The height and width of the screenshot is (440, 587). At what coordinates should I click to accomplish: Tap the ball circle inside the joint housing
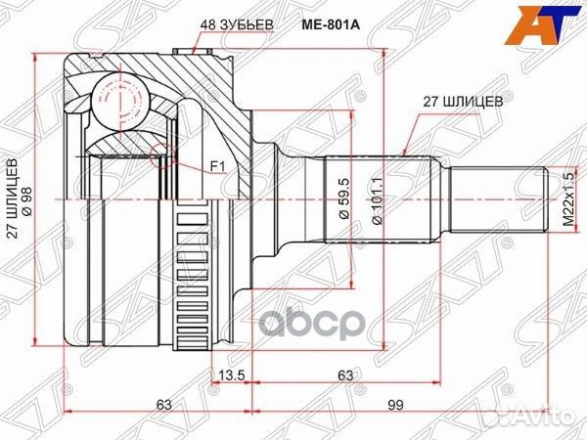click(x=121, y=99)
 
